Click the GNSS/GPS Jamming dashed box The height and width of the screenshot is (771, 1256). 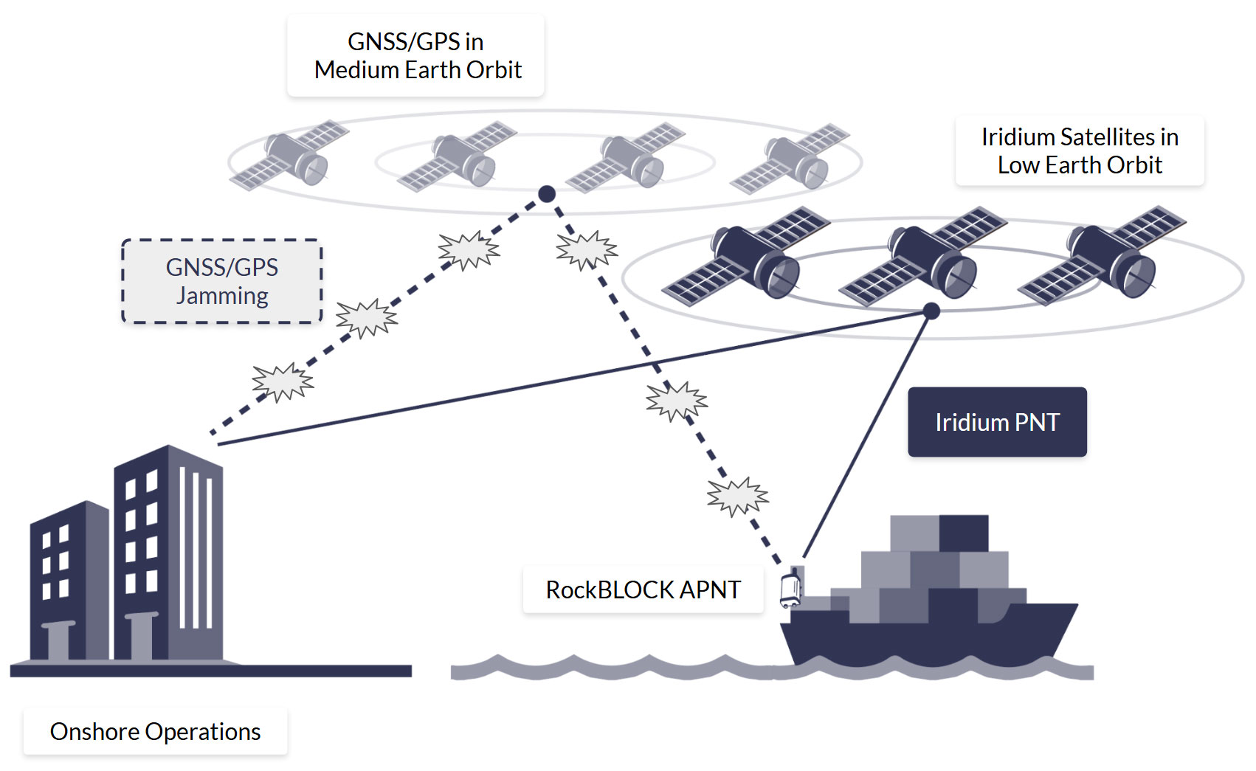pyautogui.click(x=221, y=281)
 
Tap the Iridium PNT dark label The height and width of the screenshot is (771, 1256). pyautogui.click(x=996, y=422)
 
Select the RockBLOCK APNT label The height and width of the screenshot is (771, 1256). pyautogui.click(x=642, y=590)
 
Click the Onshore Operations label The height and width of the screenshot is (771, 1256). pyautogui.click(x=155, y=731)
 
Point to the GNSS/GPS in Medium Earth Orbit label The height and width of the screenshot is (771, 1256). pyautogui.click(x=415, y=55)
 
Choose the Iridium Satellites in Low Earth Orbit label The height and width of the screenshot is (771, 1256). pyautogui.click(x=1079, y=151)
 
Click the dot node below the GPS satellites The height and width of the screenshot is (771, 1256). pyautogui.click(x=546, y=194)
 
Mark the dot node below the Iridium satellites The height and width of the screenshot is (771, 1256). pyautogui.click(x=931, y=311)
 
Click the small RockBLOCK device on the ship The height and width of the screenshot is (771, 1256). pyautogui.click(x=790, y=589)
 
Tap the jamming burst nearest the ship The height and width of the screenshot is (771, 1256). pyautogui.click(x=737, y=496)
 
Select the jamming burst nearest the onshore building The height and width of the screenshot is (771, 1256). pyautogui.click(x=283, y=382)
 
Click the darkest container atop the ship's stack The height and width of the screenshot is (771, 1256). pyautogui.click(x=963, y=533)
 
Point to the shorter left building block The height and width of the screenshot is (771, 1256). pyautogui.click(x=68, y=583)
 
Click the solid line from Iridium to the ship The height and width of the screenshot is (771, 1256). pyautogui.click(x=867, y=435)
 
